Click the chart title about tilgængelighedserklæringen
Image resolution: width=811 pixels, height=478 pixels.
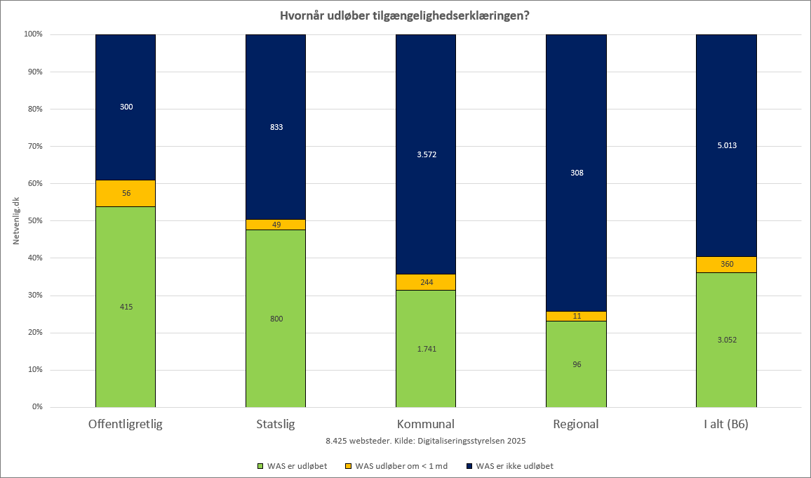click(x=405, y=15)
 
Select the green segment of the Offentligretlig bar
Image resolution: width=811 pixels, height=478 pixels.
click(x=126, y=307)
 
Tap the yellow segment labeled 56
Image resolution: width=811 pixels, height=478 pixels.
click(x=126, y=193)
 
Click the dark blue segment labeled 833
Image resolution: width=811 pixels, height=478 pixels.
click(x=276, y=127)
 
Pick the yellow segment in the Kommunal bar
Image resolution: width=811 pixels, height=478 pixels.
click(x=426, y=282)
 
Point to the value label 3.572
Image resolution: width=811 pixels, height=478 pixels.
click(x=427, y=154)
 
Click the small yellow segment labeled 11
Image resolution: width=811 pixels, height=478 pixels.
click(x=576, y=316)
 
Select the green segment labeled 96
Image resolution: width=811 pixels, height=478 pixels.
click(x=576, y=364)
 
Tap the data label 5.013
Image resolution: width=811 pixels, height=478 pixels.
click(x=727, y=146)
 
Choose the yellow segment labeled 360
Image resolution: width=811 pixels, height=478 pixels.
click(x=727, y=265)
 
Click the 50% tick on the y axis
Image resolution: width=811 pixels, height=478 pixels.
click(x=34, y=220)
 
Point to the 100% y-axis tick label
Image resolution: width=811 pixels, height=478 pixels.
click(x=32, y=34)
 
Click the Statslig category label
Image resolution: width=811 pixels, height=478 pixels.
click(x=276, y=425)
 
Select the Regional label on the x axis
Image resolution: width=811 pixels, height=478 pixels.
click(x=576, y=425)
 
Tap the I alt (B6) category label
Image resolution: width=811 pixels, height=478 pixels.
click(x=727, y=425)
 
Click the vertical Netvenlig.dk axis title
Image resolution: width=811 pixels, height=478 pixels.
click(x=15, y=220)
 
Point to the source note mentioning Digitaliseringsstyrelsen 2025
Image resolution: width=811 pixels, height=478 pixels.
click(x=426, y=442)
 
